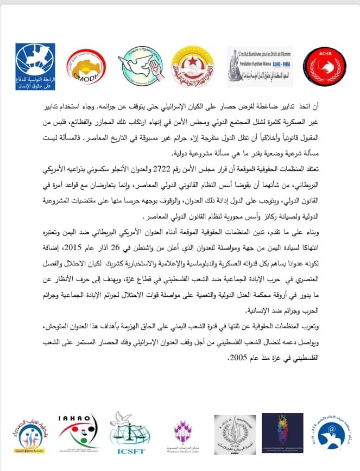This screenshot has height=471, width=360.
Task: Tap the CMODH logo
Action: (x=84, y=66)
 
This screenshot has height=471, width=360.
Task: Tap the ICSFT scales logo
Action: (x=128, y=432)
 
